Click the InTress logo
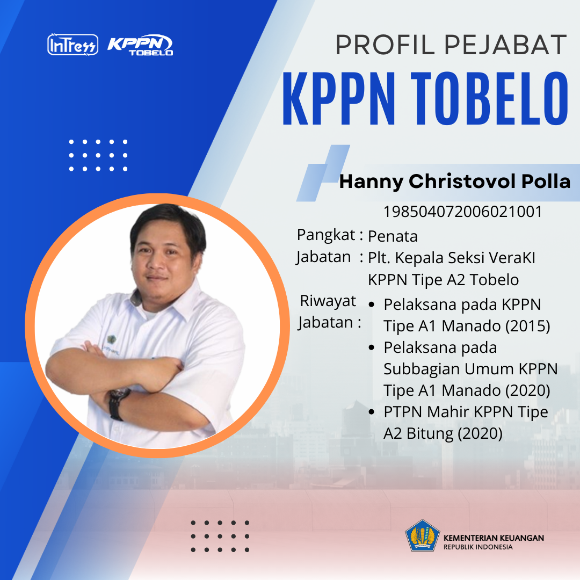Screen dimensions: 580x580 pyautogui.click(x=73, y=45)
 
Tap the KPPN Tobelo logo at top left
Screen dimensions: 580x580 pyautogui.click(x=140, y=45)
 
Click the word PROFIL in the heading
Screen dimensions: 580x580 pyautogui.click(x=385, y=45)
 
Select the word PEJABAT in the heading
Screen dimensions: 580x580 pyautogui.click(x=505, y=45)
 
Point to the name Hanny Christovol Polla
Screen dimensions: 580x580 pyautogui.click(x=455, y=182)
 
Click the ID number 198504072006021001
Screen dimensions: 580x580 pyautogui.click(x=462, y=212)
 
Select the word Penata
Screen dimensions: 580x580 pyautogui.click(x=393, y=236)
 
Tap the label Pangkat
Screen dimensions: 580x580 pyautogui.click(x=326, y=235)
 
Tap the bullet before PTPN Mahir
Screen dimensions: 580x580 pyautogui.click(x=372, y=412)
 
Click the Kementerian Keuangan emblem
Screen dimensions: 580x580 pyautogui.click(x=423, y=535)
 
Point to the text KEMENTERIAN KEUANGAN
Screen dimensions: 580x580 pyautogui.click(x=494, y=538)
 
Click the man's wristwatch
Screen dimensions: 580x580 pyautogui.click(x=118, y=403)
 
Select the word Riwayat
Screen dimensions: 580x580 pyautogui.click(x=328, y=301)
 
